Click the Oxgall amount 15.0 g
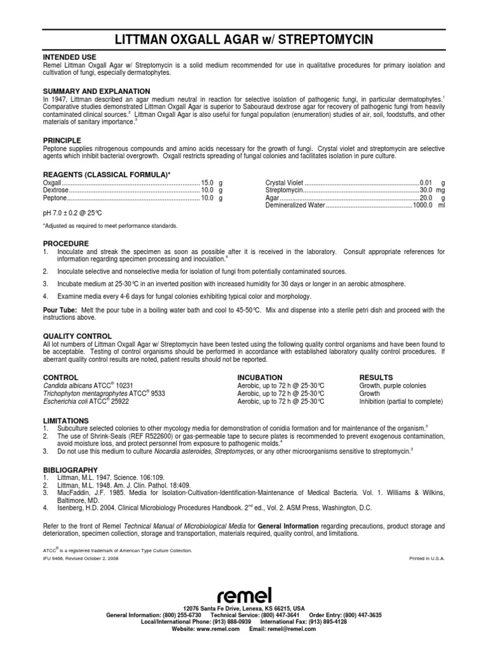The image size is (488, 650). click(x=212, y=182)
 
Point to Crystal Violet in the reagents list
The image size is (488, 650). click(x=285, y=182)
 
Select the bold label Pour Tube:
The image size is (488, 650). click(x=60, y=310)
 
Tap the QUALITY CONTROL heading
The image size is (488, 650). click(x=77, y=336)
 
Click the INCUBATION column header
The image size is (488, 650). click(x=259, y=377)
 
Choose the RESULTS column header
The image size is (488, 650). click(x=376, y=377)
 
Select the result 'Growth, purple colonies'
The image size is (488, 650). click(x=393, y=386)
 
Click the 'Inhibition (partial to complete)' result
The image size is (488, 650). click(x=401, y=401)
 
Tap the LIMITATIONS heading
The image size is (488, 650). click(x=65, y=420)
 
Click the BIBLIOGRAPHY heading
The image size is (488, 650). click(x=69, y=468)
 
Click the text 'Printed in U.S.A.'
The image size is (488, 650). click(x=428, y=558)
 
